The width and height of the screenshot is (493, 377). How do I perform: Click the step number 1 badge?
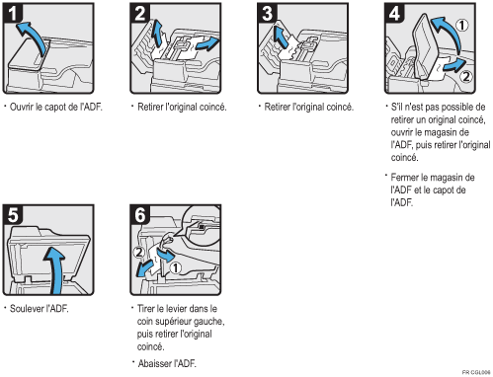click(x=13, y=14)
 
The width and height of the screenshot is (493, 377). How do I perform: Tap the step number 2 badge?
click(x=140, y=14)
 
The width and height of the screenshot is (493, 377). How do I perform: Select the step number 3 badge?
click(x=267, y=14)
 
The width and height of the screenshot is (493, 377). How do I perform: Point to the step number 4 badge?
click(x=394, y=14)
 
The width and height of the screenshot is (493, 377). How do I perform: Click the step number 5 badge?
click(x=13, y=215)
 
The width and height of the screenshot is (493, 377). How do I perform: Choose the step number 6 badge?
click(x=140, y=215)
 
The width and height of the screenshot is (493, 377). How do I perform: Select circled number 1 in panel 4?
click(x=462, y=25)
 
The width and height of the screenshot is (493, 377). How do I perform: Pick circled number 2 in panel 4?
click(x=465, y=76)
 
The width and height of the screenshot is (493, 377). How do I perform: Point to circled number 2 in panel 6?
click(x=139, y=253)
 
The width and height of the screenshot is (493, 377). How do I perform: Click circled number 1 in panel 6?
click(x=176, y=267)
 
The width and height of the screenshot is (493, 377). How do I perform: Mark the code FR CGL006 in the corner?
click(x=476, y=372)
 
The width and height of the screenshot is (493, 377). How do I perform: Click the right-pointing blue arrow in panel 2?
click(x=207, y=44)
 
